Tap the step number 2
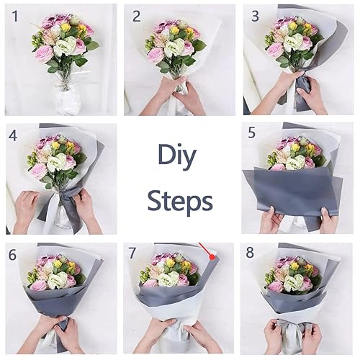[136, 16]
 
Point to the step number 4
[13, 135]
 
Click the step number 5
[252, 133]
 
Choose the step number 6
[12, 253]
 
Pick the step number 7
[132, 253]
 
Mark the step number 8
[250, 253]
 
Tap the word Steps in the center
[180, 199]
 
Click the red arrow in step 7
[210, 254]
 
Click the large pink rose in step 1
[45, 53]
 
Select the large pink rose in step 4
[38, 171]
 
